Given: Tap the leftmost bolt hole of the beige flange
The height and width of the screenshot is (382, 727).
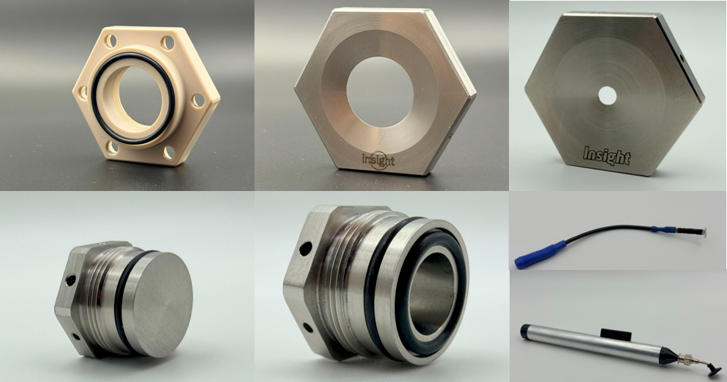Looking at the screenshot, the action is click(x=83, y=92).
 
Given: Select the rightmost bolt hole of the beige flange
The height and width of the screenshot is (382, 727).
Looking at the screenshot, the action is click(x=198, y=101).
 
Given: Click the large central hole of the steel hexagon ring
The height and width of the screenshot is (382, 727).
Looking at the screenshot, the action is click(x=379, y=92).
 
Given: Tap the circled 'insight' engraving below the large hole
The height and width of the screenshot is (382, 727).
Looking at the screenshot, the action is click(x=379, y=161).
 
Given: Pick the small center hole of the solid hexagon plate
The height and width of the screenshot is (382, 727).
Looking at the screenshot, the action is click(x=607, y=96).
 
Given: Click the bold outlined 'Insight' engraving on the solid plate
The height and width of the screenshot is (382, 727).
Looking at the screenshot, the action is click(x=607, y=156).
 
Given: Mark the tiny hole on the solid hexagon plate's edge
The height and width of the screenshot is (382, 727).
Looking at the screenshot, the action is click(x=682, y=59).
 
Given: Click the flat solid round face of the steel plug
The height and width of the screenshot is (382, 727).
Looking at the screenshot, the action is click(x=158, y=304).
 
